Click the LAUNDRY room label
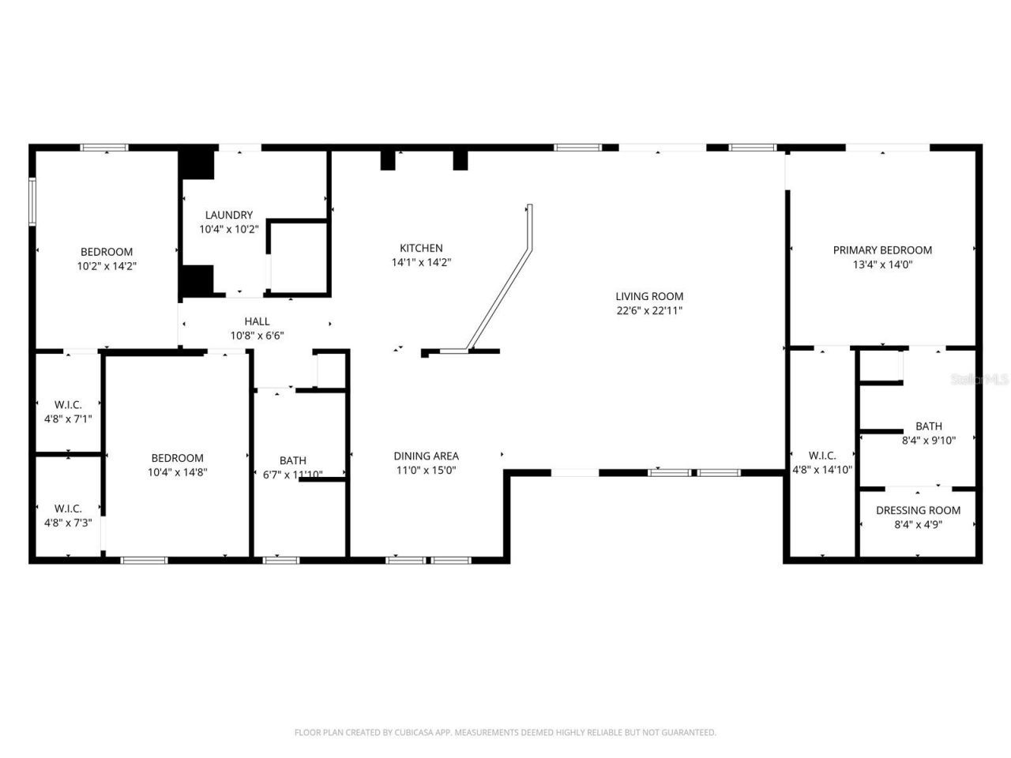pyautogui.click(x=229, y=215)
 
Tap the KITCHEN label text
pyautogui.click(x=421, y=248)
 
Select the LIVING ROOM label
pyautogui.click(x=649, y=296)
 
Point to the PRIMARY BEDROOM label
pyautogui.click(x=882, y=250)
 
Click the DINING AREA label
pyautogui.click(x=426, y=456)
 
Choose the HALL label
pyautogui.click(x=257, y=321)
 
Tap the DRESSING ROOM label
pyautogui.click(x=918, y=510)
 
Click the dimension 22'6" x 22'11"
pyautogui.click(x=649, y=311)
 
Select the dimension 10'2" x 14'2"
pyautogui.click(x=107, y=267)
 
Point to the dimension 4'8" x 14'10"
pyautogui.click(x=822, y=470)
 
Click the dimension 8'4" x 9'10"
pyautogui.click(x=929, y=441)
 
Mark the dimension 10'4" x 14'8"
pyautogui.click(x=178, y=472)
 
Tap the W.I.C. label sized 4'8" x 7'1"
pyautogui.click(x=68, y=405)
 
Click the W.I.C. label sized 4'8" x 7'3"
pyautogui.click(x=68, y=508)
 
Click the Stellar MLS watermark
pyautogui.click(x=980, y=380)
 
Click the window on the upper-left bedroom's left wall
pyautogui.click(x=33, y=201)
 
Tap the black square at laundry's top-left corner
pyautogui.click(x=197, y=165)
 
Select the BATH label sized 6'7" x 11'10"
pyautogui.click(x=292, y=460)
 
